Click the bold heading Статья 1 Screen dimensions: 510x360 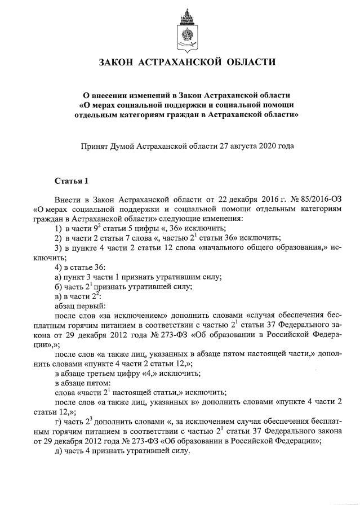click(x=72, y=181)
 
